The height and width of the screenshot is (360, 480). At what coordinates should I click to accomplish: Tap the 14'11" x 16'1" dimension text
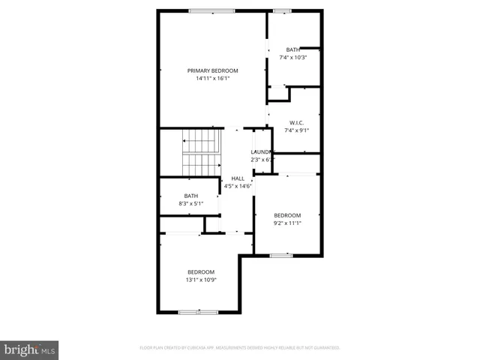pos(212,78)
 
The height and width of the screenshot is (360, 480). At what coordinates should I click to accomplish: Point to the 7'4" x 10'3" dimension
pos(293,57)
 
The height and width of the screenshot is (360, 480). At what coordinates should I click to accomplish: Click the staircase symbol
pos(200,152)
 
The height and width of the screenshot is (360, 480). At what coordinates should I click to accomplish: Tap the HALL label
pos(238,178)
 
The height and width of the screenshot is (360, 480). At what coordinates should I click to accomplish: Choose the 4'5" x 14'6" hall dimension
pos(238,186)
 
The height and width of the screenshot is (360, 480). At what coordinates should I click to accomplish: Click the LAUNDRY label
pos(262,152)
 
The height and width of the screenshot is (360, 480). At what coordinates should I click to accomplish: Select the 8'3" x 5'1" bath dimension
pos(191,204)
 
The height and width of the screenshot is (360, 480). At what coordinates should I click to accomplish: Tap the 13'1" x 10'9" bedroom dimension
pos(200,280)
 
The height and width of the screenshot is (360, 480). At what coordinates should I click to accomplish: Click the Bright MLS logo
pos(29,349)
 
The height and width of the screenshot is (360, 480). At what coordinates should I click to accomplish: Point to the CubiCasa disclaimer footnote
pos(240,348)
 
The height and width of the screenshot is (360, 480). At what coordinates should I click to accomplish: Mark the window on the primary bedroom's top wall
pos(211,10)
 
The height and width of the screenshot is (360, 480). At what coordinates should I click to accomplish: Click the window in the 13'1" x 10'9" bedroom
pos(199,311)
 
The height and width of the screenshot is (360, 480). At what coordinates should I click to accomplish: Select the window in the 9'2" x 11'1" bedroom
pos(280,256)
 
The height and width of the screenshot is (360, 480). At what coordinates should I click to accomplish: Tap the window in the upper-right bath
pos(282,10)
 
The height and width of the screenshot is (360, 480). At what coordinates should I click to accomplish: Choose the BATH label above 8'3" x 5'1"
pos(191,196)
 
